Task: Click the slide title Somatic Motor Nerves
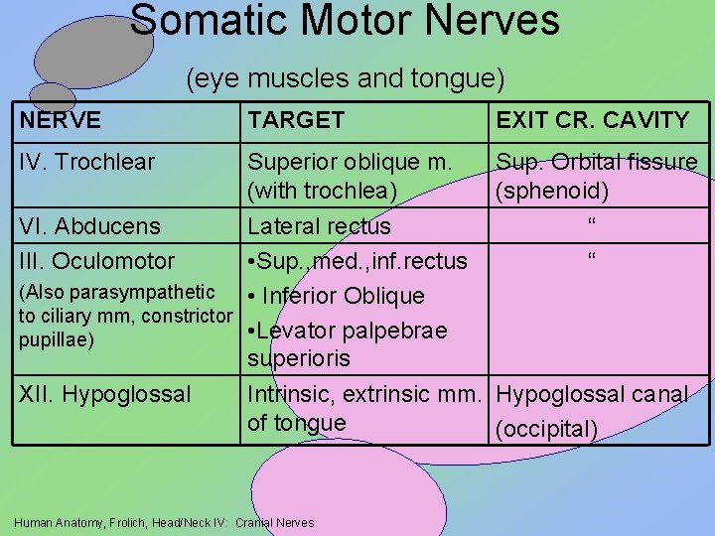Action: pyautogui.click(x=345, y=20)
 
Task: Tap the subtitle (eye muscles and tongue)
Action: pyautogui.click(x=346, y=77)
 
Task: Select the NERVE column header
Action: pyautogui.click(x=60, y=121)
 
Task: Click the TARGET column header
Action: pyautogui.click(x=296, y=121)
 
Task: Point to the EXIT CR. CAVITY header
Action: pyautogui.click(x=592, y=121)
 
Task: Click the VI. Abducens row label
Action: pyautogui.click(x=88, y=226)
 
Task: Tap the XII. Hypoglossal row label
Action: pyautogui.click(x=104, y=395)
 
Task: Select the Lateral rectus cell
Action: pyautogui.click(x=319, y=226)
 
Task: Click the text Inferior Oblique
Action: pyautogui.click(x=343, y=296)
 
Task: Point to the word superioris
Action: pyautogui.click(x=298, y=357)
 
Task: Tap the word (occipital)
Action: pyautogui.click(x=547, y=429)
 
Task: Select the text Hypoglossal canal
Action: pyautogui.click(x=591, y=395)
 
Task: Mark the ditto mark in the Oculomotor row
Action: pyautogui.click(x=592, y=258)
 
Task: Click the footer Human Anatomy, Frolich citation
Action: pyautogui.click(x=165, y=522)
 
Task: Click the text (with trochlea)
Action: pyautogui.click(x=322, y=190)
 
